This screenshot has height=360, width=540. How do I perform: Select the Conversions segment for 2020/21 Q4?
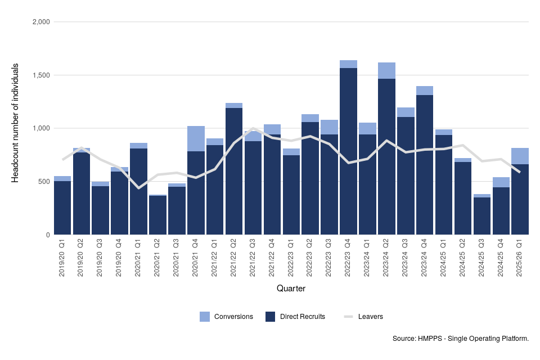[196, 139]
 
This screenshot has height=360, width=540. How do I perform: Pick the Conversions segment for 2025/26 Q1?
[520, 156]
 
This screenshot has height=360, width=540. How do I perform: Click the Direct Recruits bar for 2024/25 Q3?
[481, 216]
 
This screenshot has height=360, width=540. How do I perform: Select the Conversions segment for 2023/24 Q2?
[386, 71]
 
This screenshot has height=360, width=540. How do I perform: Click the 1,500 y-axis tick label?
[41, 75]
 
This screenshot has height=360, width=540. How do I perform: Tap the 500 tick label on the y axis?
[44, 182]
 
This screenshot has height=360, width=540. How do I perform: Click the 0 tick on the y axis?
[48, 235]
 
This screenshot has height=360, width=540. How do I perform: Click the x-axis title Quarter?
[291, 289]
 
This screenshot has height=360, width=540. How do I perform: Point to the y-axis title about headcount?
[16, 123]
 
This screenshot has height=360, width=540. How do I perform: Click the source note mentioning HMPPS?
[461, 339]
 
